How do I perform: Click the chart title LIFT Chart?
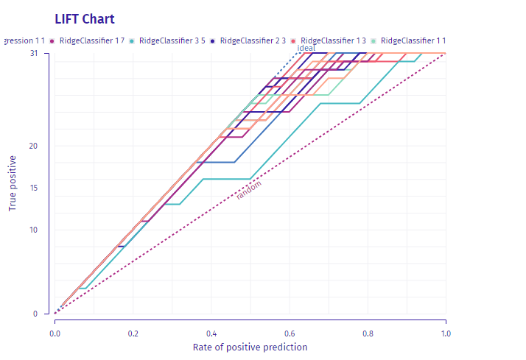click(x=85, y=18)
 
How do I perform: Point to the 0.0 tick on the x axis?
click(x=55, y=333)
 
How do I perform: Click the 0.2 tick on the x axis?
click(x=133, y=333)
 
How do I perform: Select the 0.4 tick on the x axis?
click(x=211, y=333)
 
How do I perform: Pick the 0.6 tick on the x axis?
click(x=290, y=333)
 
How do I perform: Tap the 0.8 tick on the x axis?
click(x=368, y=333)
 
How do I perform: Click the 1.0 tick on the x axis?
click(x=446, y=333)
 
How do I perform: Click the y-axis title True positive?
click(x=13, y=183)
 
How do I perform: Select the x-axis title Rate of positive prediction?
click(x=250, y=347)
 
